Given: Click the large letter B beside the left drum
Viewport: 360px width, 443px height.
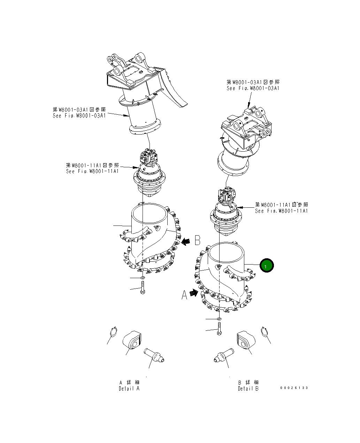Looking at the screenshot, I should pos(197,240).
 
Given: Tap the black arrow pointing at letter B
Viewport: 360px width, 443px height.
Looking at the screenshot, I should pos(186,241).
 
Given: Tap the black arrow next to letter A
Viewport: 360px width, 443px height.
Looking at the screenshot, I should pos(194,293).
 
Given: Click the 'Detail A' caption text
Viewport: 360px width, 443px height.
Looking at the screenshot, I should pos(129,388).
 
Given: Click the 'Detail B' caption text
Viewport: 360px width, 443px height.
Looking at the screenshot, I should pos(248,389).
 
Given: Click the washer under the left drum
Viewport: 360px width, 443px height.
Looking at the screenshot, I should pos(142,278).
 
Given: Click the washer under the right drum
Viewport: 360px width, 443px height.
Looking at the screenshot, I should pos(219,319).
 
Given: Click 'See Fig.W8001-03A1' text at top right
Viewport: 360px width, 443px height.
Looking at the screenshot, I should pos(253,88).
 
